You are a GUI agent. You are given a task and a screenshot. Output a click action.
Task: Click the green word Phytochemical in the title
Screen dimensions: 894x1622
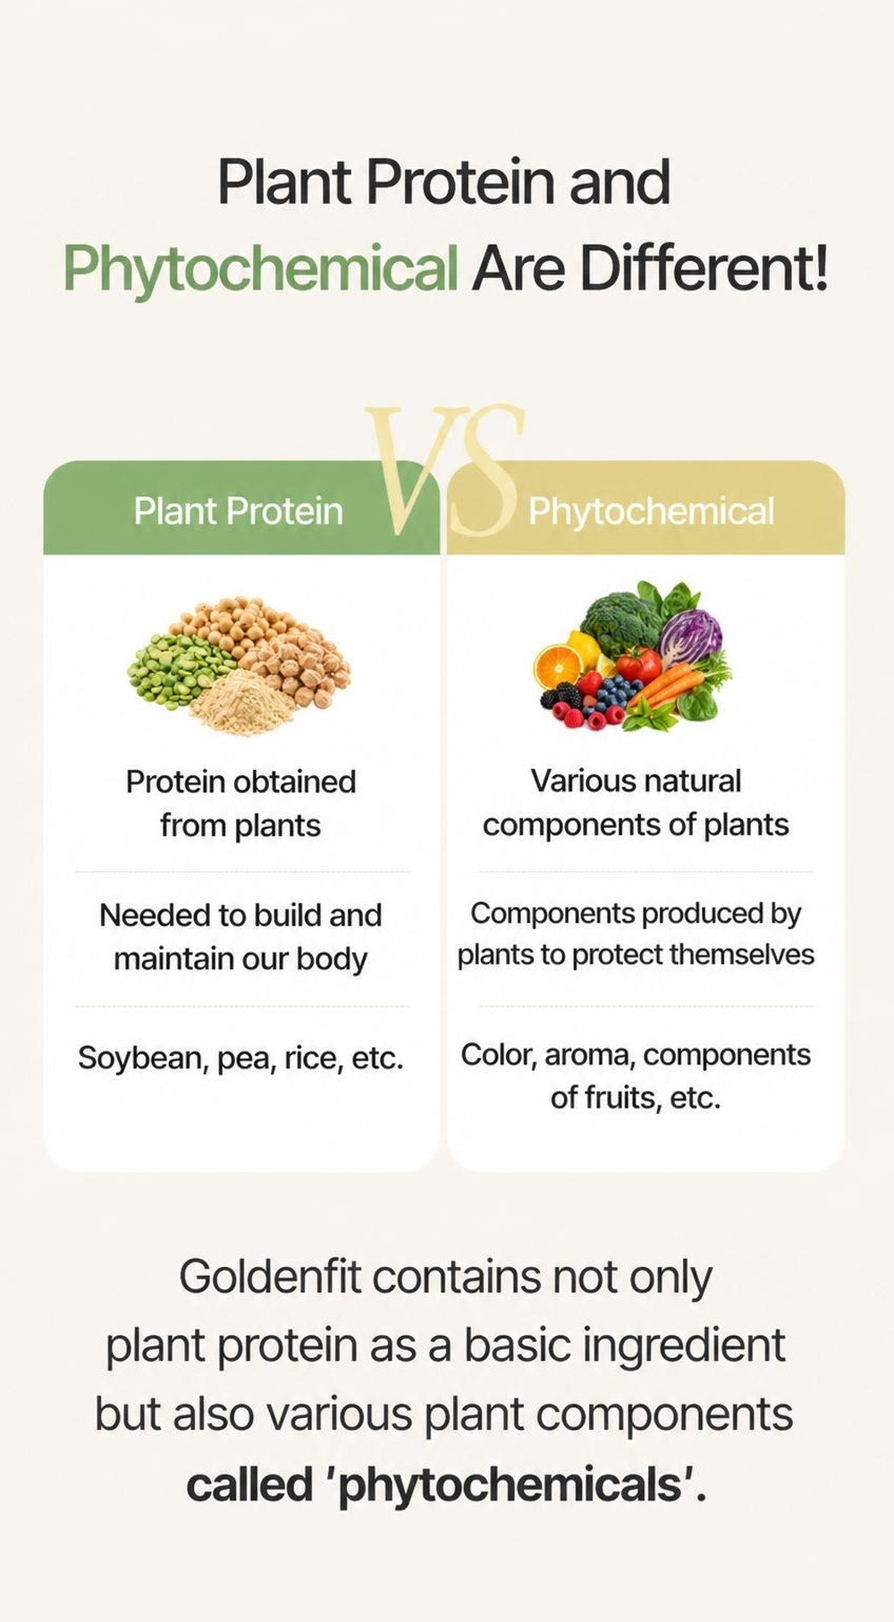coord(260,268)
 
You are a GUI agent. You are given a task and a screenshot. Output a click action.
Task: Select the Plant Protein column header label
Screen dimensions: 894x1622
coord(239,511)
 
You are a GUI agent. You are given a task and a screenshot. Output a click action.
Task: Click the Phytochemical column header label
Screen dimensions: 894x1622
coord(651,511)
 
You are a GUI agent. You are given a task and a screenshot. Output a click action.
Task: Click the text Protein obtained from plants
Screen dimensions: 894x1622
coord(240,803)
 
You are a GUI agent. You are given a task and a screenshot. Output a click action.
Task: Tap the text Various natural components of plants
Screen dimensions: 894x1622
coord(636,802)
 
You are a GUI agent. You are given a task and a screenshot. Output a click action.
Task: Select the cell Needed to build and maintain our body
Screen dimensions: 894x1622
coord(240,936)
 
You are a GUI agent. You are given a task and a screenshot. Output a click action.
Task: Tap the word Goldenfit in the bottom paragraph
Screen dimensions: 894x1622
coord(269,1276)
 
